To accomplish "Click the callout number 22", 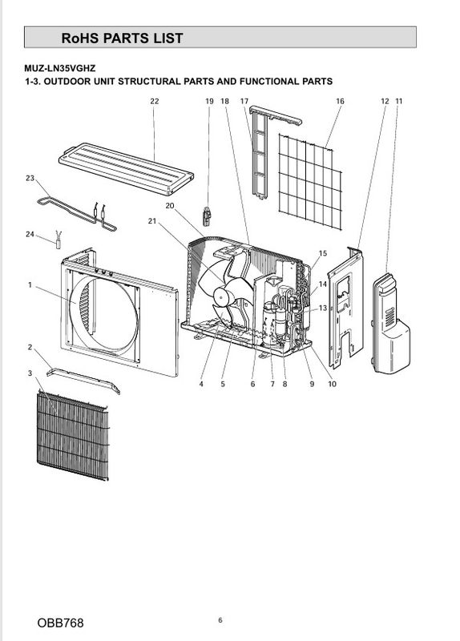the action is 154,101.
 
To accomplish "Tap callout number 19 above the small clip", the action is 209,101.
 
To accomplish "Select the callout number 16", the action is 340,101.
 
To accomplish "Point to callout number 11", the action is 399,101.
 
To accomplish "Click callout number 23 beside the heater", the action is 30,178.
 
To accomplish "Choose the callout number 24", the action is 30,234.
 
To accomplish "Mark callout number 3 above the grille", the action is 30,373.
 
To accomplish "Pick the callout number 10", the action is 332,384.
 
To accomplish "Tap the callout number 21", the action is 152,221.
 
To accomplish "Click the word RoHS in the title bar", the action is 80,38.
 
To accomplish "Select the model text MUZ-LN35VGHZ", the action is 59,68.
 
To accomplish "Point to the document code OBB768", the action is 60,623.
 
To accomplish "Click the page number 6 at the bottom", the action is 220,620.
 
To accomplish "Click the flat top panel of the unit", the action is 126,168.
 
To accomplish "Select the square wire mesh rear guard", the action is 310,182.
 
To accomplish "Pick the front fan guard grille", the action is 73,436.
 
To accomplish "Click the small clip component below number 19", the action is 208,216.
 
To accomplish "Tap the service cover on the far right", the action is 390,324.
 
